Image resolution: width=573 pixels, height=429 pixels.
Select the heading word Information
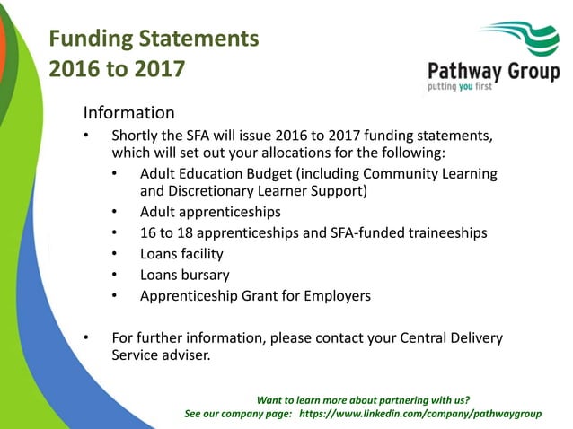click(x=128, y=114)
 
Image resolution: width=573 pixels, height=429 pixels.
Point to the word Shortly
click(x=137, y=136)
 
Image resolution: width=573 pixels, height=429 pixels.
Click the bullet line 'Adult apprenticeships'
click(x=210, y=213)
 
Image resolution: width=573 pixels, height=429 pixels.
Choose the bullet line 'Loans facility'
click(x=181, y=254)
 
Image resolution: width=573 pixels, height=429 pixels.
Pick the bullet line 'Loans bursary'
click(x=184, y=275)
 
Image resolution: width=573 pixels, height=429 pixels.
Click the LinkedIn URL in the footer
click(x=419, y=414)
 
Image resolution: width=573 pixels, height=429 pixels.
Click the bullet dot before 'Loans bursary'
click(x=116, y=275)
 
